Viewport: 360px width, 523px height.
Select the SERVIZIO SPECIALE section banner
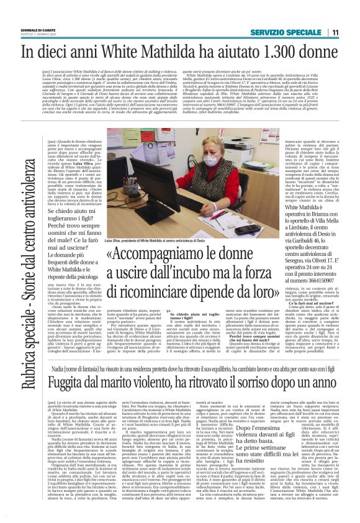point(287,32)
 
